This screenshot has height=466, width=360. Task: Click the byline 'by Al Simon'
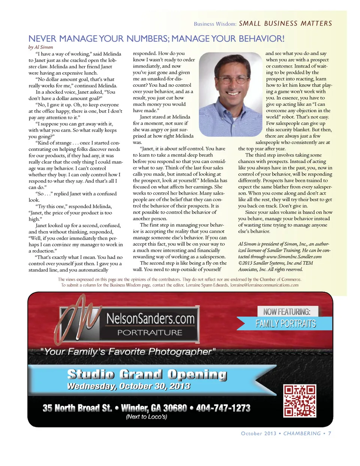coord(40,47)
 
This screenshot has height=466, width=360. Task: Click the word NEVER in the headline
coord(42,39)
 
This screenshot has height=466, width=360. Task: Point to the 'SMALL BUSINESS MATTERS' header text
coord(285,23)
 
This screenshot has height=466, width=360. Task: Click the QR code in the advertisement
coord(300,400)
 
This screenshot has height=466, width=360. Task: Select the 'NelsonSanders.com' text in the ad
coord(150,319)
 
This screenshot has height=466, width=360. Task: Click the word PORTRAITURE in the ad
coord(150,332)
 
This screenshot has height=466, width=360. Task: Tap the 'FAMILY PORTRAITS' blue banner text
coord(286,323)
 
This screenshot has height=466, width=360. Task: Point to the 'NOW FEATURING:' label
coord(287,311)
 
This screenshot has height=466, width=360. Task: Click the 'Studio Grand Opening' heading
coord(147,374)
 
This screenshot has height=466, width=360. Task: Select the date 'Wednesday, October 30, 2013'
coord(128,386)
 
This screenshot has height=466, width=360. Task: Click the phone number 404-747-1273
coord(223,408)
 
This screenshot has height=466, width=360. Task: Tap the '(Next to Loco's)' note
coord(146,416)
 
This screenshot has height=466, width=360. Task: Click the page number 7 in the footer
coord(330,433)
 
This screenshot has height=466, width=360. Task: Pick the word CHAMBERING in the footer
coord(302,433)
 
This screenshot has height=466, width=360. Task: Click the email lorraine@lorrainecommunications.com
coord(264,285)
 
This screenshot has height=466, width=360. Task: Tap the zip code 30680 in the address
coord(175,408)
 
